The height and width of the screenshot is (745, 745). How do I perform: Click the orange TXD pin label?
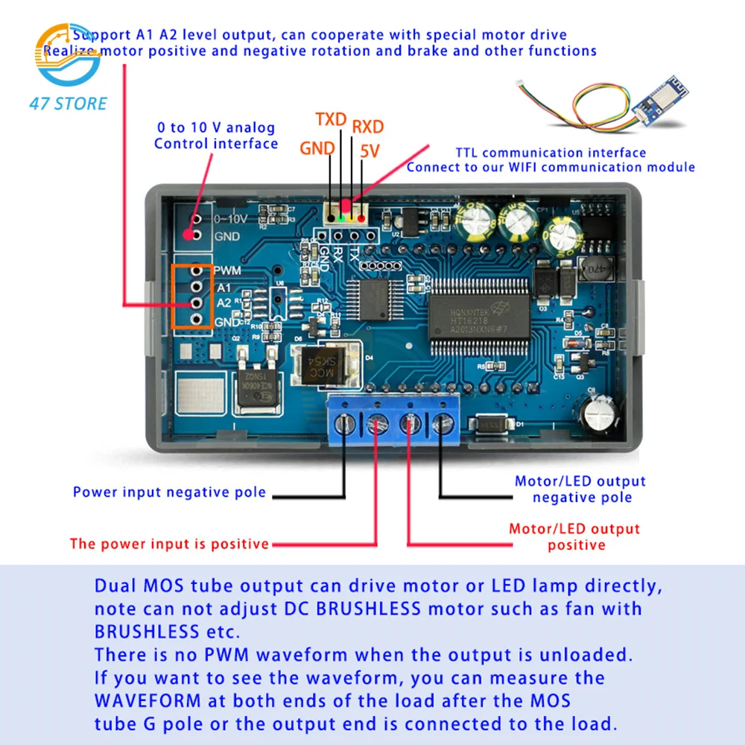tap(331, 120)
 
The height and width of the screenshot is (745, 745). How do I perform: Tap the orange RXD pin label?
tap(368, 126)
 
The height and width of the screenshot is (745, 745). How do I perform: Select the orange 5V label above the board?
tap(370, 151)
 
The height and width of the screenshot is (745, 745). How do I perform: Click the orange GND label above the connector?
tap(317, 148)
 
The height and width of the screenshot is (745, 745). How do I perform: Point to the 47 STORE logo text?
tap(68, 104)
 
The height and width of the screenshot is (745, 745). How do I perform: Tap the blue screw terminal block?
tap(393, 424)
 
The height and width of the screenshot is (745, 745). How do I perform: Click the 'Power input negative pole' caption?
tap(169, 492)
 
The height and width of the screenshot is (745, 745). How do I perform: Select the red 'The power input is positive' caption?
tap(169, 544)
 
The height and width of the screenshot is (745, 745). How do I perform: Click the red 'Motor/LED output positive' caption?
tap(574, 536)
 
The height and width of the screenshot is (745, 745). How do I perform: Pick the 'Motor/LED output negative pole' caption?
tap(580, 489)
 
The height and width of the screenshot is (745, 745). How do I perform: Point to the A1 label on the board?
tap(223, 287)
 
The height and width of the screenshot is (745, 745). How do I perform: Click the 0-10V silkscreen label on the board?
tap(229, 220)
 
